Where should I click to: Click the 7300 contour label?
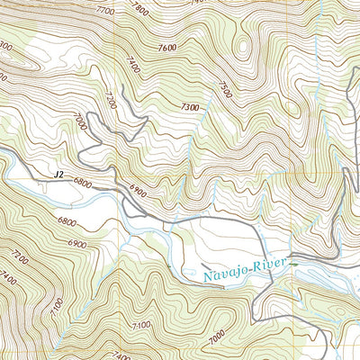click(190, 107)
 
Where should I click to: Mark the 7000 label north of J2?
click(84, 121)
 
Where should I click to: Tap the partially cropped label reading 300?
click(7, 44)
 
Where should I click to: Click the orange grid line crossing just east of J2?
click(117, 175)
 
